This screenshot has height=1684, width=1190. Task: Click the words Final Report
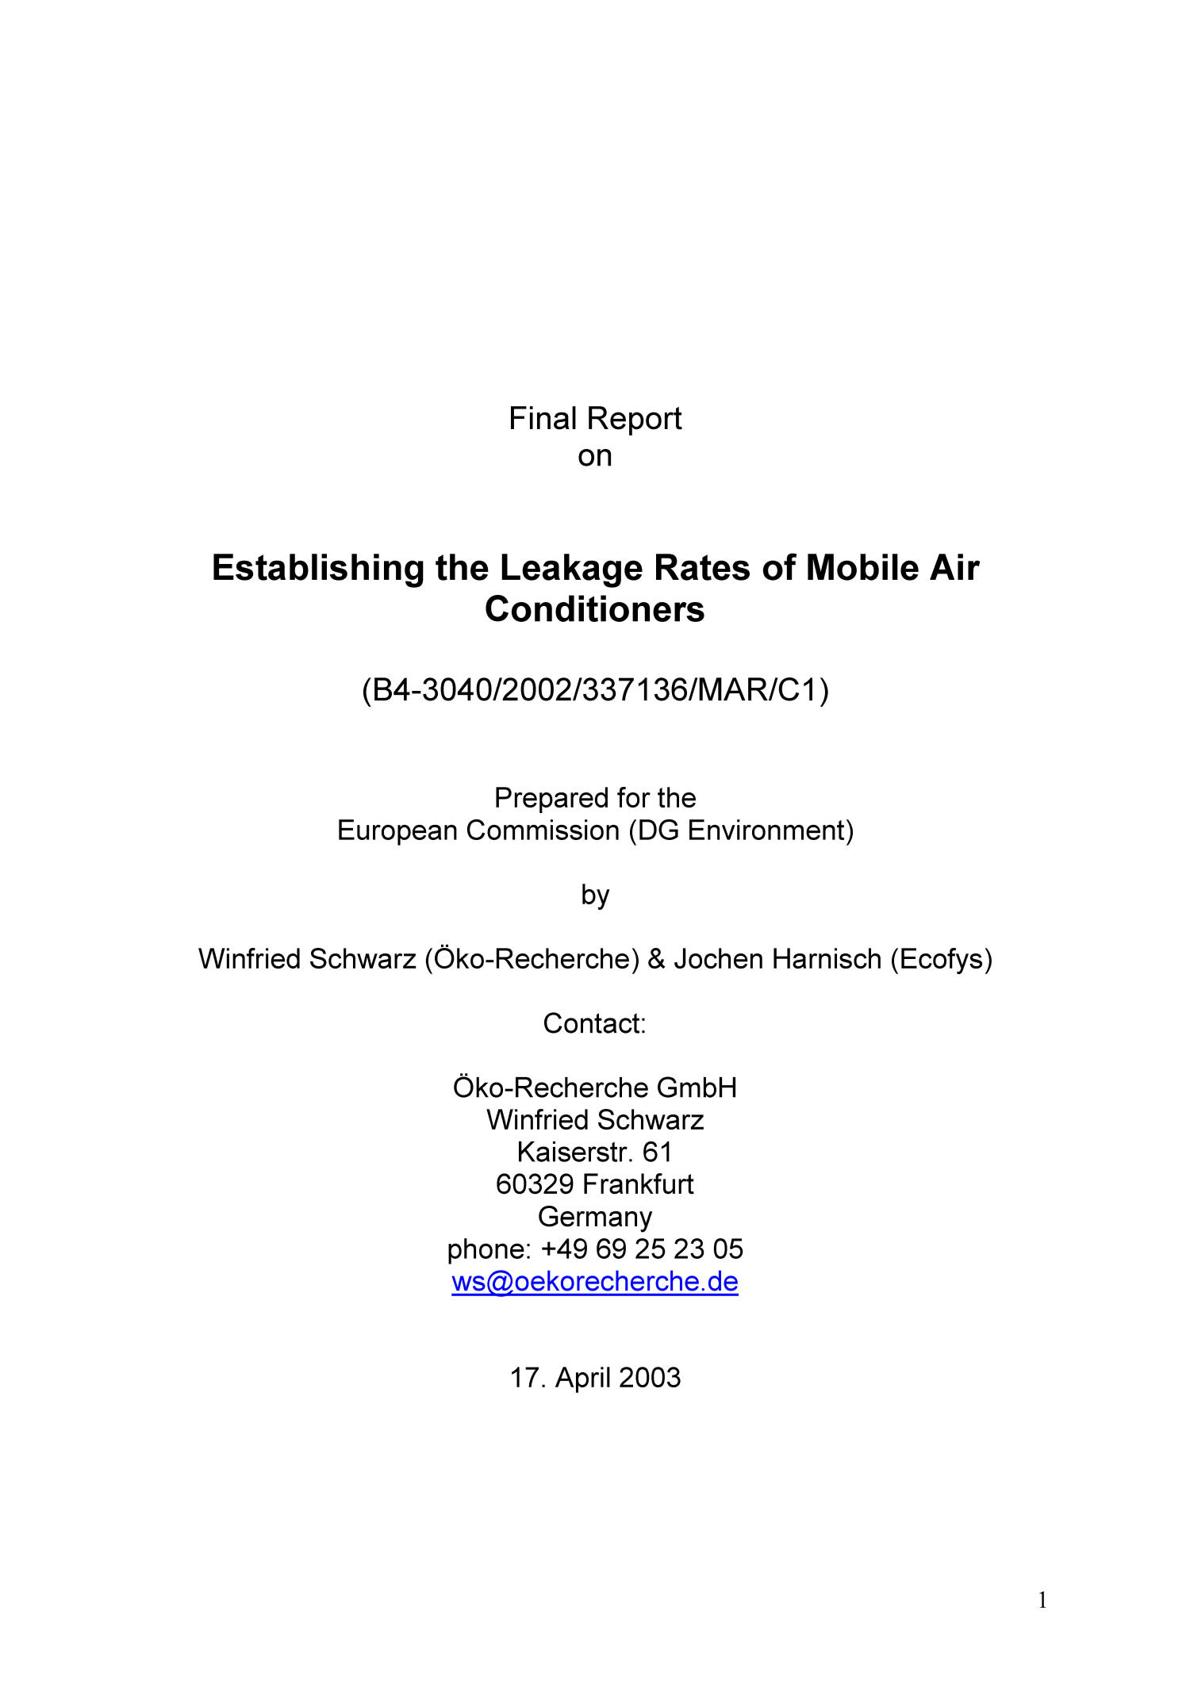(x=595, y=419)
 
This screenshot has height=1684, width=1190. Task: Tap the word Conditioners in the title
(x=595, y=609)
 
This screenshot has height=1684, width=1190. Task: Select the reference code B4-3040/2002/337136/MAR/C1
(x=595, y=690)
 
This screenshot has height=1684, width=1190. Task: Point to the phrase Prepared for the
(x=595, y=797)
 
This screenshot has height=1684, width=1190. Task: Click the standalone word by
(x=595, y=895)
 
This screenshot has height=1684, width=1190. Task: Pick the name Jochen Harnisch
(x=777, y=959)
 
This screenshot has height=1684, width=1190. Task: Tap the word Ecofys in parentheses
(x=941, y=959)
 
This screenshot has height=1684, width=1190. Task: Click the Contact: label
(x=595, y=1023)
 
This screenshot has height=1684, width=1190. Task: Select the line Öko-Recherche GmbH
(x=595, y=1088)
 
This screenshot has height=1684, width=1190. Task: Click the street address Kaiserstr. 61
(x=595, y=1152)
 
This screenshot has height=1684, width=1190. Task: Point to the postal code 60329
(x=535, y=1184)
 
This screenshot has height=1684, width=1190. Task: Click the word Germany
(x=595, y=1217)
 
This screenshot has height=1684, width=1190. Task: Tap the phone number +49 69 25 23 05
(x=642, y=1249)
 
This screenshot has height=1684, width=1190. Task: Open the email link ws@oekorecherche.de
(x=595, y=1282)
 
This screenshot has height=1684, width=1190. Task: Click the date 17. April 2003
(x=595, y=1378)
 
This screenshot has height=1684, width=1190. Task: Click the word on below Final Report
(x=595, y=456)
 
